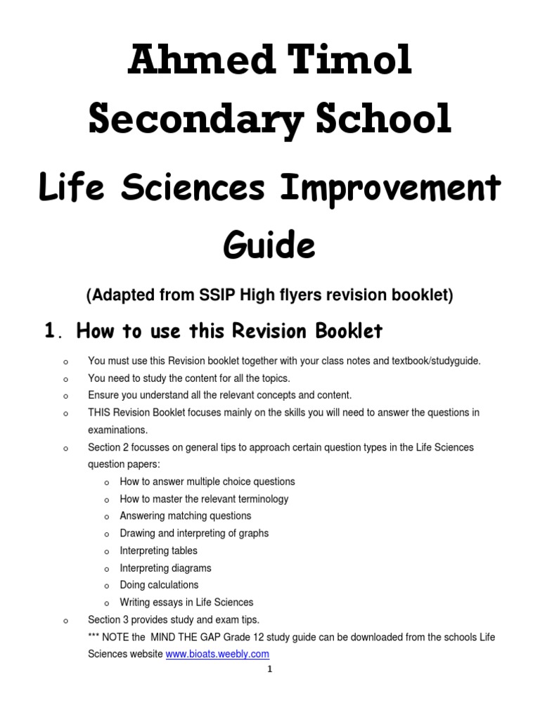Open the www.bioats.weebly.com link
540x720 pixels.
click(217, 654)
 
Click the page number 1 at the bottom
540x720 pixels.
click(269, 669)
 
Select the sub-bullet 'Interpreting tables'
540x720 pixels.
click(158, 551)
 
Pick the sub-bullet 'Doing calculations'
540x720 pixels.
click(159, 585)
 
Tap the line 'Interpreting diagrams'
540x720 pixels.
click(165, 568)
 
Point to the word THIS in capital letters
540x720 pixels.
click(100, 413)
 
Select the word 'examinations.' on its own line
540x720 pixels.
click(117, 430)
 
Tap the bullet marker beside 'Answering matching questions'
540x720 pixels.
click(106, 517)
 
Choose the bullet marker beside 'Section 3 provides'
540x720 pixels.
click(65, 621)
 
